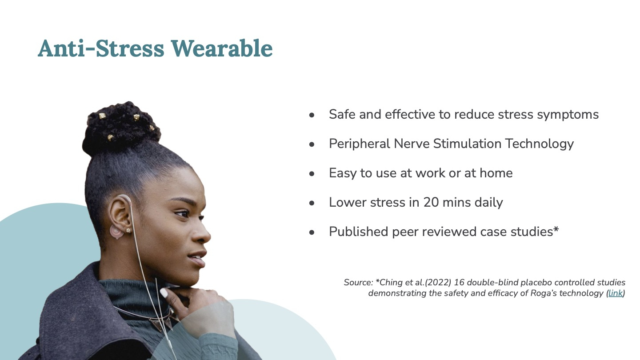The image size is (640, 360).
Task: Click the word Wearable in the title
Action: (222, 48)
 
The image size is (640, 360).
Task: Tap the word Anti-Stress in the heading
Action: (101, 48)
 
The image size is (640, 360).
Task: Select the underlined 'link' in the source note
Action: (616, 293)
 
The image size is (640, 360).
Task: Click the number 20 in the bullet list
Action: (431, 202)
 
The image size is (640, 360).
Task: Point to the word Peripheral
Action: (360, 144)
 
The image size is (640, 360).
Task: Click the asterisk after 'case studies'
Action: (556, 229)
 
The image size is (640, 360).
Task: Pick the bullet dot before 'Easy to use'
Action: (312, 173)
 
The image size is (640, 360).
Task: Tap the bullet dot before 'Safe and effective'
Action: (312, 115)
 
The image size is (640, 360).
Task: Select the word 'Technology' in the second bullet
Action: (539, 144)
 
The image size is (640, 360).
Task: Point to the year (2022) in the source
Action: (438, 283)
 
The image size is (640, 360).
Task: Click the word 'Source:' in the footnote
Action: (358, 283)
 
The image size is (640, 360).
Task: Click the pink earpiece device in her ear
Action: (116, 232)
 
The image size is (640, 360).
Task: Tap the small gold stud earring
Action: (128, 230)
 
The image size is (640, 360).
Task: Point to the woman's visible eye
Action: (182, 213)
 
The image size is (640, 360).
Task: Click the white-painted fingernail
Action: (164, 293)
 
